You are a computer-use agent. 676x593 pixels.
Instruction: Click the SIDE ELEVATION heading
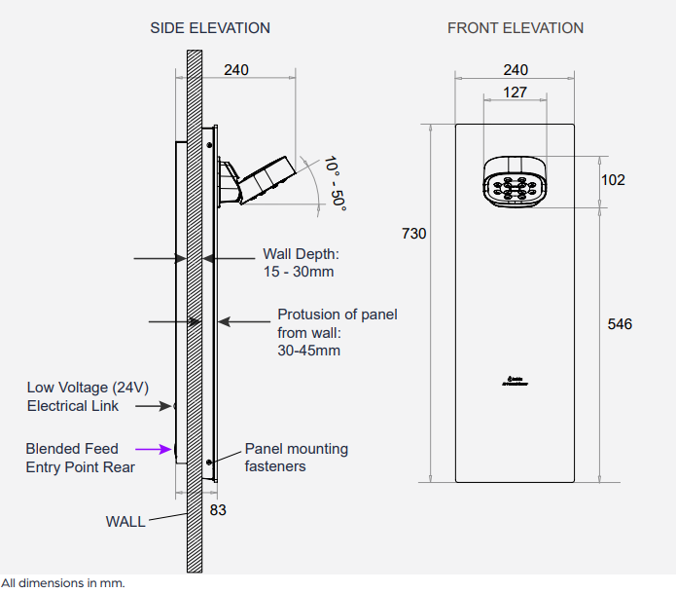tap(210, 28)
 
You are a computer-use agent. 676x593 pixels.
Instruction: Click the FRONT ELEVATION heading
tap(516, 28)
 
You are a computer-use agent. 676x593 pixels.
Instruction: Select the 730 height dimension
tap(413, 234)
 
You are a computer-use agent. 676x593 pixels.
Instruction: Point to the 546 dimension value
tap(619, 323)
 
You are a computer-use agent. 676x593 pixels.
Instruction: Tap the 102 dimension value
tap(614, 180)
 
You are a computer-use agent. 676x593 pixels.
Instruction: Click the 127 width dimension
tap(516, 93)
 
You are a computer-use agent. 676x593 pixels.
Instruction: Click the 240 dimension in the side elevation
tap(236, 70)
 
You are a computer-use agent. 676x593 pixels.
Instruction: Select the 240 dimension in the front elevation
tap(516, 70)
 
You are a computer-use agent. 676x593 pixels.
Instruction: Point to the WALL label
tap(125, 522)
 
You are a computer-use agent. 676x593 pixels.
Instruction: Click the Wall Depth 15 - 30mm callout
tap(301, 263)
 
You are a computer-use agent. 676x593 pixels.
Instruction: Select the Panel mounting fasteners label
tap(296, 458)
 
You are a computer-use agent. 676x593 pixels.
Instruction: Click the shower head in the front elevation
tap(516, 182)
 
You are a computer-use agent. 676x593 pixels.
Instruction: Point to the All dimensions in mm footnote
tap(63, 583)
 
